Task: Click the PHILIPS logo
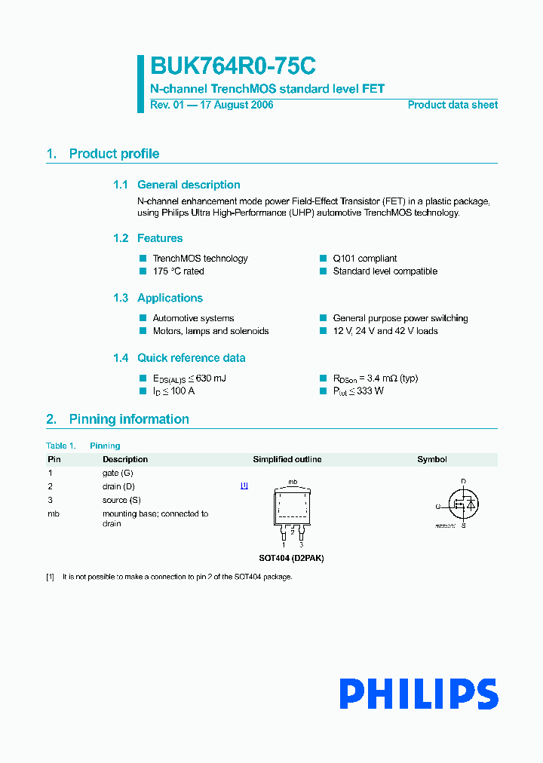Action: [x=418, y=694]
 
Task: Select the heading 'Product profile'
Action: [x=114, y=154]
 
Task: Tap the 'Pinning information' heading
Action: [x=129, y=419]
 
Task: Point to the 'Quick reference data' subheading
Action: [x=191, y=358]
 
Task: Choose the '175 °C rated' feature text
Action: [x=178, y=271]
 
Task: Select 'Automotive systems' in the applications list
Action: [x=193, y=318]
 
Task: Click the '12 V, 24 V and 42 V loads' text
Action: [x=385, y=331]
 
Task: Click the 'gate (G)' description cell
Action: [x=118, y=473]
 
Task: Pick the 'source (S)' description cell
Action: [x=121, y=500]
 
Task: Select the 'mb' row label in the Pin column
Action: [x=54, y=514]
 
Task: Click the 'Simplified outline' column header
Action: [x=287, y=459]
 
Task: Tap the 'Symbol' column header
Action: [x=432, y=459]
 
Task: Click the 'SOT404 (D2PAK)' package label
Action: [x=291, y=558]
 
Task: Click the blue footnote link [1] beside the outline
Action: [x=244, y=486]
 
